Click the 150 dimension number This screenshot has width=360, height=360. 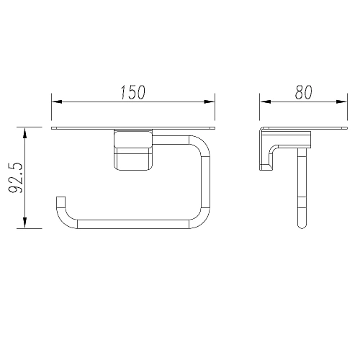[132, 92]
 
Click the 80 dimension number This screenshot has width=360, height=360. [304, 92]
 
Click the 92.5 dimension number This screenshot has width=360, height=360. [16, 178]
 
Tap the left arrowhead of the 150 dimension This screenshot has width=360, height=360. [57, 102]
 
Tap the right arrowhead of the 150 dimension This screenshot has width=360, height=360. [210, 102]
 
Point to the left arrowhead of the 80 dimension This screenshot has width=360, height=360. [265, 102]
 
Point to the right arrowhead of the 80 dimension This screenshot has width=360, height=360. [342, 102]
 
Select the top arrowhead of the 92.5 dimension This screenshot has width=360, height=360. [24, 133]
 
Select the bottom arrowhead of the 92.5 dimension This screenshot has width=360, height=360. [24, 222]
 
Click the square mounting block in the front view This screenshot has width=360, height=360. [133, 150]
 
